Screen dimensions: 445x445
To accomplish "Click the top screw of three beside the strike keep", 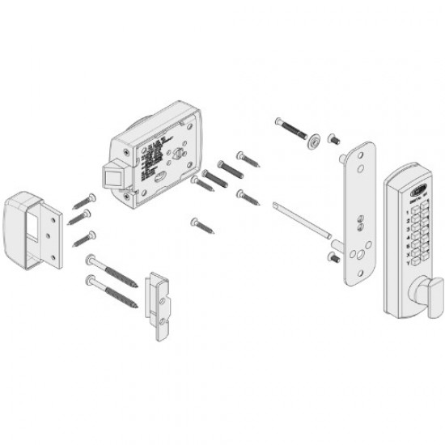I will (x=83, y=201).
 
